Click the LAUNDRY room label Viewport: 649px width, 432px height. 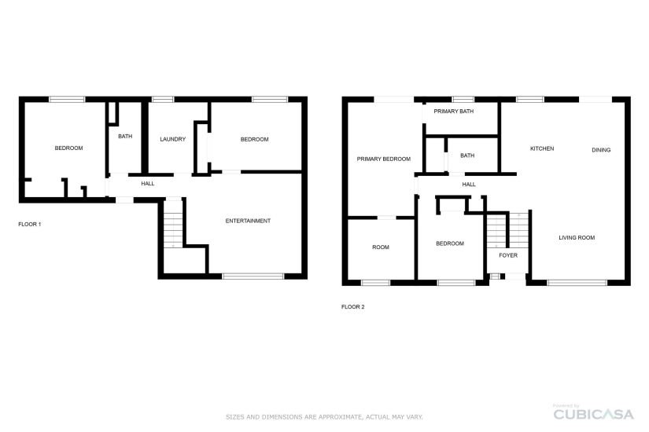(172, 139)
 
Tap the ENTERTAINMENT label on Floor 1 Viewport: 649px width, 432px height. (248, 221)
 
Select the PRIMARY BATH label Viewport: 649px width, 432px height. (454, 112)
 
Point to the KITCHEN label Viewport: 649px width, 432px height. (542, 148)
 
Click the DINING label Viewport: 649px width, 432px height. (601, 150)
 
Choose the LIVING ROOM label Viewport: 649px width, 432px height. (577, 238)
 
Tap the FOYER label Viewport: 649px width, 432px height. (508, 255)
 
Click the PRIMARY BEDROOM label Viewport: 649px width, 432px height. (384, 159)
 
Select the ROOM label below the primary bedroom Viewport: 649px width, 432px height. (381, 247)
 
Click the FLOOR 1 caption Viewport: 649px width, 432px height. (30, 225)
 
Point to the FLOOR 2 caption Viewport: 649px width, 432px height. (353, 307)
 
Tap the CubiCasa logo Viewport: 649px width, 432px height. (593, 412)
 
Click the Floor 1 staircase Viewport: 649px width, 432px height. (173, 224)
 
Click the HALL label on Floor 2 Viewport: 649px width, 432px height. (469, 185)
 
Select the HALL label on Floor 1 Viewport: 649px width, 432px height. (148, 184)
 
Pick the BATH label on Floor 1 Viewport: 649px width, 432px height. (125, 137)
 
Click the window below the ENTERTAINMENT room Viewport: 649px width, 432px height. (253, 276)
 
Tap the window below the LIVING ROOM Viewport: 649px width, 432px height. (577, 283)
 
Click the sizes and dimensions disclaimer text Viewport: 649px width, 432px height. (324, 417)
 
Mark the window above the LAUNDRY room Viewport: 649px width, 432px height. (163, 99)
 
